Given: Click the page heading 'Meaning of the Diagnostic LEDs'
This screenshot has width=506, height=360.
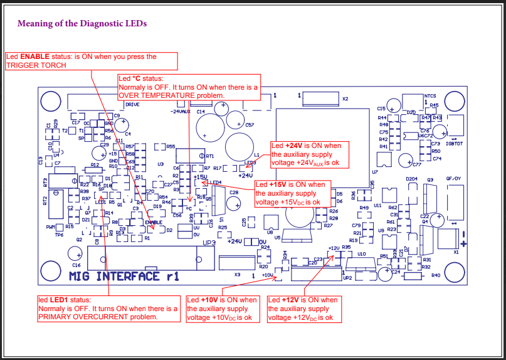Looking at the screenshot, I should click(82, 24).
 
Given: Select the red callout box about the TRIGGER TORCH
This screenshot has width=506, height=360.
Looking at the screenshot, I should click(91, 61).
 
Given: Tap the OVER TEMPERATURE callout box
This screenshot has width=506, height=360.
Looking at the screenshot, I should click(189, 87).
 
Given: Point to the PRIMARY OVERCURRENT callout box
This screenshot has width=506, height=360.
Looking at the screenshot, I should click(108, 308).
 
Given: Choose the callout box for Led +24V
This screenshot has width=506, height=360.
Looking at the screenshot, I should click(309, 154).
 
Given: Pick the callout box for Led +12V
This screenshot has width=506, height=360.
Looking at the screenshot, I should click(305, 309).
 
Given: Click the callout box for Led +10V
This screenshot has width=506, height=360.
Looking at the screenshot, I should click(223, 309).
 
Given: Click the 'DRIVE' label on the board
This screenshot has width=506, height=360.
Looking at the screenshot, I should click(132, 104).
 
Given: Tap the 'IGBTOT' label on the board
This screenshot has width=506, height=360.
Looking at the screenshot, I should click(455, 144).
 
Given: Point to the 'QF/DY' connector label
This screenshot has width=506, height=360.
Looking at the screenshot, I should click(454, 178).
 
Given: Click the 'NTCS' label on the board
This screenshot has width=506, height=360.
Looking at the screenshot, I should click(430, 96).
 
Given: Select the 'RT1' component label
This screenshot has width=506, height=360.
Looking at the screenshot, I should click(210, 156).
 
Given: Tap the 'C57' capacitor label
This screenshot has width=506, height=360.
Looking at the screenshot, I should click(250, 125).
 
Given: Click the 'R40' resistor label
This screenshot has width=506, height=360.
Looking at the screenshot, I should click(436, 275).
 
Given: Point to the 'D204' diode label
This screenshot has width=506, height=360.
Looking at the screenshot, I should click(412, 179).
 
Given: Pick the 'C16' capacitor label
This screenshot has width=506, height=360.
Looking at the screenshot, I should click(76, 265).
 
